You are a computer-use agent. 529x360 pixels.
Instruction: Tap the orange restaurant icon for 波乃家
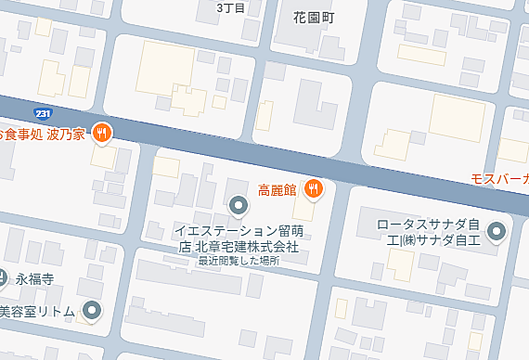tap(102, 133)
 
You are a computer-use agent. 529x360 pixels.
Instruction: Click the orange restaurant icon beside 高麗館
tap(314, 189)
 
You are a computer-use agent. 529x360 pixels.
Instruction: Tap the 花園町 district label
tap(313, 17)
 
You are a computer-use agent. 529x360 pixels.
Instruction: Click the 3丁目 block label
tap(229, 8)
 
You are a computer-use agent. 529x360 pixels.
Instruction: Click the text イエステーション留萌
tap(239, 231)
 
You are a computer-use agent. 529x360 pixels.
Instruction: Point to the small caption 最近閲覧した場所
tap(239, 261)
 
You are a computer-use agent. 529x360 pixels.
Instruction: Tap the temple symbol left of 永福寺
tap(3, 276)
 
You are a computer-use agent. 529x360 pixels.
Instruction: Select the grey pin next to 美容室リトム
tap(92, 310)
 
